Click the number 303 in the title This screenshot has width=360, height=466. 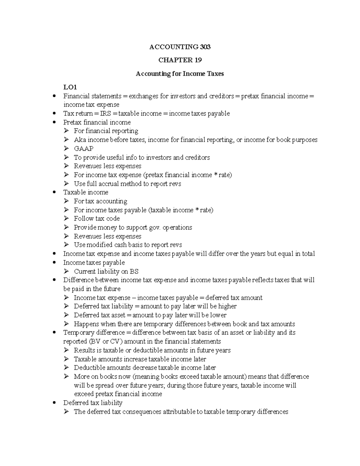205,47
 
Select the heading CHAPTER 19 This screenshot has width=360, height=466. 180,60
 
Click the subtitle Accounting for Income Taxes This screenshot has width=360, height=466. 180,74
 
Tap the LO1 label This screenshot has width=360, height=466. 70,87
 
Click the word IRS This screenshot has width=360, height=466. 105,113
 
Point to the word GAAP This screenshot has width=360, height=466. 83,149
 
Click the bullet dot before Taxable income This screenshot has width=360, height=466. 54,192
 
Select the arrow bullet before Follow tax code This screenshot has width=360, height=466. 66,219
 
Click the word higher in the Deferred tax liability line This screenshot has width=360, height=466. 227,306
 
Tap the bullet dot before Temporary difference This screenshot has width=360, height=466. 54,333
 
